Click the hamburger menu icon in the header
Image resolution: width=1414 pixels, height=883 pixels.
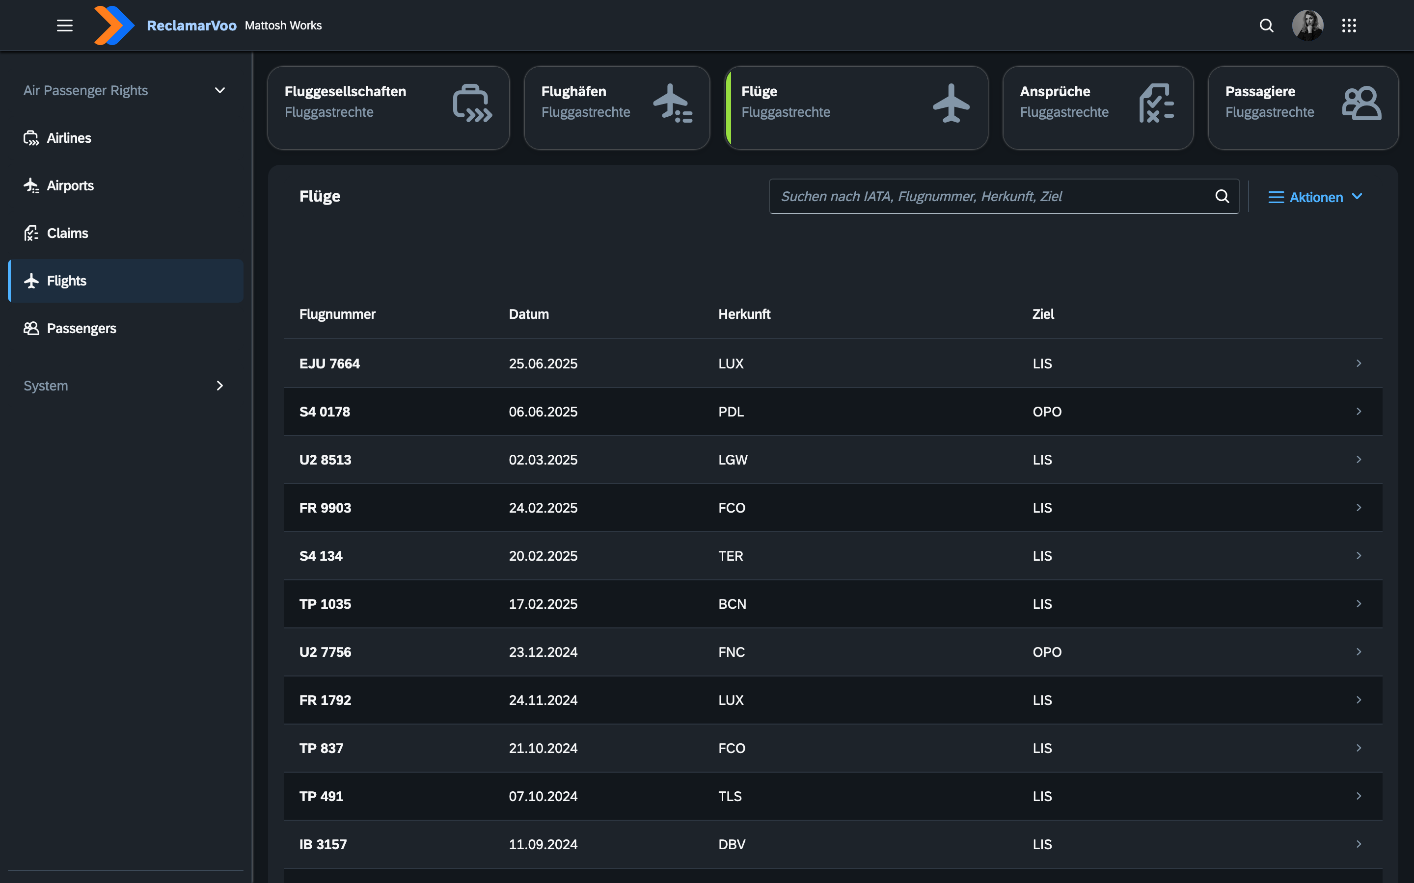pyautogui.click(x=64, y=25)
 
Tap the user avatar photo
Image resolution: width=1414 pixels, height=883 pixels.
pyautogui.click(x=1307, y=25)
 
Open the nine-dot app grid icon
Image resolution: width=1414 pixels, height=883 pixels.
pyautogui.click(x=1349, y=25)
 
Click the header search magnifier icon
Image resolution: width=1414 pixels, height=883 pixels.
pyautogui.click(x=1266, y=25)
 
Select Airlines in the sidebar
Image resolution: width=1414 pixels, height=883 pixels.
pyautogui.click(x=68, y=138)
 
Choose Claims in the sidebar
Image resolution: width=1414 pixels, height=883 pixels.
pyautogui.click(x=67, y=233)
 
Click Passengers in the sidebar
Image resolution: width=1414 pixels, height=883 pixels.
pyautogui.click(x=81, y=328)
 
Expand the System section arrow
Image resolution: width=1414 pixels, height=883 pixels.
pyautogui.click(x=219, y=386)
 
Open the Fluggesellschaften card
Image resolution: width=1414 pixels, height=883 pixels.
pyautogui.click(x=388, y=107)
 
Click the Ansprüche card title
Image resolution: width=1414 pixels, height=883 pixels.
pyautogui.click(x=1055, y=91)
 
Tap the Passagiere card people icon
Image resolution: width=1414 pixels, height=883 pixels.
pyautogui.click(x=1361, y=104)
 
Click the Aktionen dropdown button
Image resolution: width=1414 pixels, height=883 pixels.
pyautogui.click(x=1315, y=197)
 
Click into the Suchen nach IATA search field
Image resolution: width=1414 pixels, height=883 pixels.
pyautogui.click(x=993, y=196)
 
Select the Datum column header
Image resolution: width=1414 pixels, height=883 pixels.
pyautogui.click(x=529, y=314)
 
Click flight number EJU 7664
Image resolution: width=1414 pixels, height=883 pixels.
pyautogui.click(x=329, y=363)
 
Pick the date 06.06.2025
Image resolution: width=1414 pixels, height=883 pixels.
pyautogui.click(x=543, y=412)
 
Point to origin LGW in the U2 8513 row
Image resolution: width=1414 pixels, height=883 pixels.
pyautogui.click(x=733, y=460)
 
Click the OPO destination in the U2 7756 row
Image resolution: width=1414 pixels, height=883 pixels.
pyautogui.click(x=1046, y=652)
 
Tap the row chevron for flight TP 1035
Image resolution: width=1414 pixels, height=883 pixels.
pyautogui.click(x=1359, y=604)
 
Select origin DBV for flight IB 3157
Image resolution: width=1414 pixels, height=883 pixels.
pyautogui.click(x=732, y=844)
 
